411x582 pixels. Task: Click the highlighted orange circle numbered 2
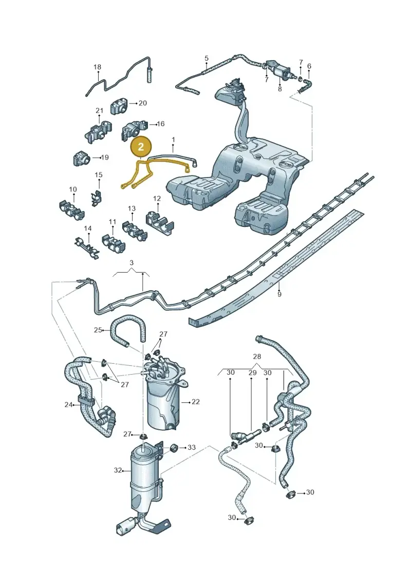pyautogui.click(x=141, y=147)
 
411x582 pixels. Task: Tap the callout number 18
pyautogui.click(x=97, y=67)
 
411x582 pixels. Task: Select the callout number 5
pyautogui.click(x=207, y=58)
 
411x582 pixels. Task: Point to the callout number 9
pyautogui.click(x=279, y=294)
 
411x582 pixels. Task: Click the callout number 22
pyautogui.click(x=196, y=401)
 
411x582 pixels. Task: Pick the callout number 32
pyautogui.click(x=118, y=470)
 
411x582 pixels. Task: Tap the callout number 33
pyautogui.click(x=191, y=447)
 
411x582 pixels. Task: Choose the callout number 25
pyautogui.click(x=98, y=330)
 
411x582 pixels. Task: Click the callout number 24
pyautogui.click(x=68, y=404)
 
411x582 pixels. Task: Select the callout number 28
pyautogui.click(x=257, y=356)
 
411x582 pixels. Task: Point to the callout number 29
pyautogui.click(x=252, y=373)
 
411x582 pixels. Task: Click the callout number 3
pyautogui.click(x=131, y=263)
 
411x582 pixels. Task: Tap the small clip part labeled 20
pyautogui.click(x=119, y=107)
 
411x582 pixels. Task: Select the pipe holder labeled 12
pyautogui.click(x=160, y=222)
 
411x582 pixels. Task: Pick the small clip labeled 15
pyautogui.click(x=97, y=197)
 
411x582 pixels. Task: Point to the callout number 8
pyautogui.click(x=279, y=89)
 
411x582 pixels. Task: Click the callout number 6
pyautogui.click(x=309, y=66)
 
